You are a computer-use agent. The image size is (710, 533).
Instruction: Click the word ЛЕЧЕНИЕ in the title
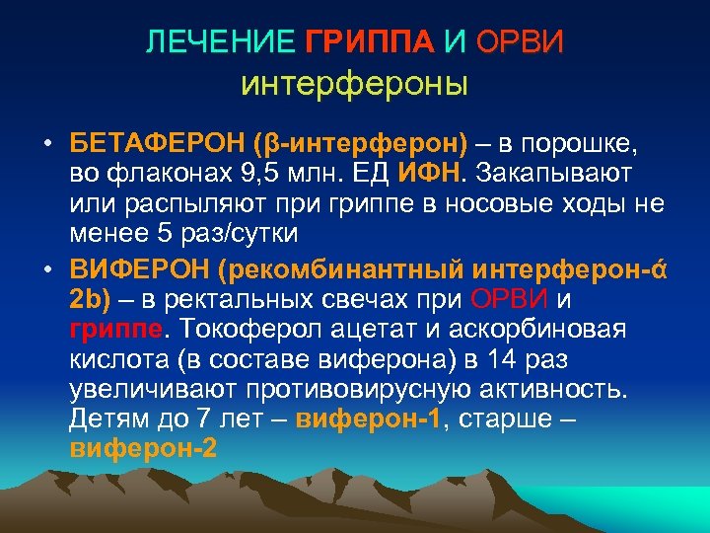click(220, 42)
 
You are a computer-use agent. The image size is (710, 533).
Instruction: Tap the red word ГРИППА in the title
click(369, 42)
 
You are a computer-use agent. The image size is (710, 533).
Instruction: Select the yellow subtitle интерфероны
click(354, 85)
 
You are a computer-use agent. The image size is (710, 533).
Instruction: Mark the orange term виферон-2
click(143, 448)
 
